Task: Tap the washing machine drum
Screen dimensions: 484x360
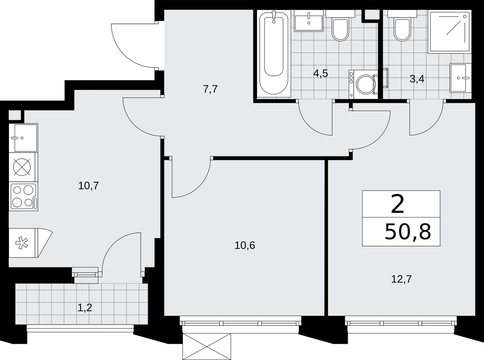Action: pyautogui.click(x=366, y=85)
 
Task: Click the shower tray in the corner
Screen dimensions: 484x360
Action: pyautogui.click(x=449, y=32)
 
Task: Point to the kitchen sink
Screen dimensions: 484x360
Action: pyautogui.click(x=23, y=138)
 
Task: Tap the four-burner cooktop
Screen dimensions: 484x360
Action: pyautogui.click(x=23, y=197)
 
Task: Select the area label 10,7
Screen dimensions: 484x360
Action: pyautogui.click(x=89, y=186)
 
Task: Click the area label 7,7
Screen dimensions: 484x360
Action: pyautogui.click(x=211, y=89)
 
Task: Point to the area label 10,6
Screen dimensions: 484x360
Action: pyautogui.click(x=245, y=246)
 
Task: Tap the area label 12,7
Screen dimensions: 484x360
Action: pyautogui.click(x=402, y=285)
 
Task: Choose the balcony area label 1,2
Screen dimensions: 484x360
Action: pyautogui.click(x=85, y=307)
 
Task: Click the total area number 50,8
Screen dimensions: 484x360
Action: pyautogui.click(x=408, y=232)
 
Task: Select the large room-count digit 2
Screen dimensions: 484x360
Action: pyautogui.click(x=398, y=205)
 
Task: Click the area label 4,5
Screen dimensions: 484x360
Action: pyautogui.click(x=321, y=73)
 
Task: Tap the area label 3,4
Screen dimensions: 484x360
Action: pyautogui.click(x=417, y=79)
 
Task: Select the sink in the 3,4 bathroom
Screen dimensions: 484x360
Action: pyautogui.click(x=460, y=78)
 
